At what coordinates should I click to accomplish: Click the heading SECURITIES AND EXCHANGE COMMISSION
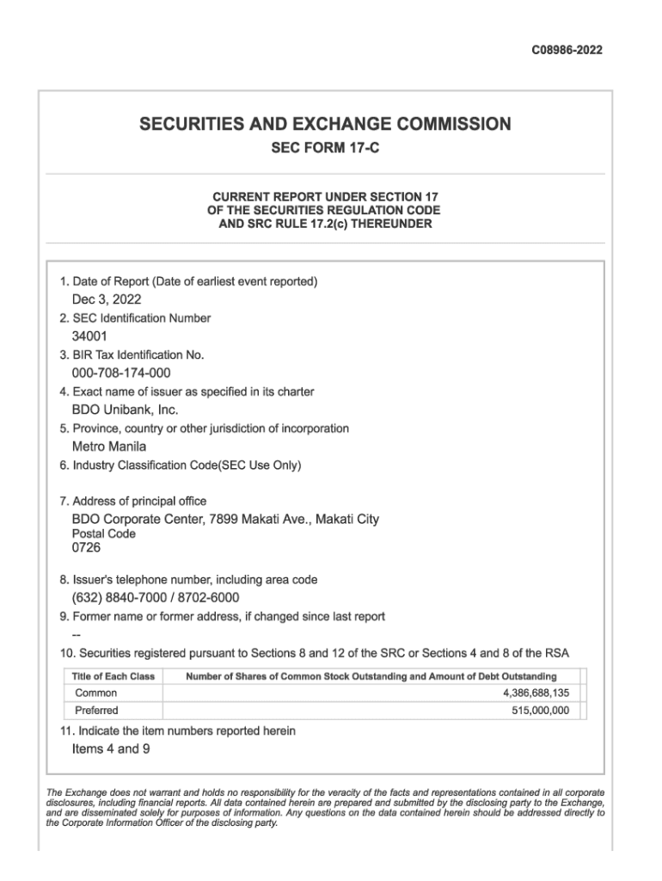pyautogui.click(x=325, y=125)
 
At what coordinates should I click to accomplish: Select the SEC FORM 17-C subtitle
pyautogui.click(x=325, y=149)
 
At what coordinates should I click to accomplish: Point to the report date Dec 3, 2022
pyautogui.click(x=107, y=299)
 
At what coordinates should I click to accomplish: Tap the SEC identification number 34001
pyautogui.click(x=89, y=336)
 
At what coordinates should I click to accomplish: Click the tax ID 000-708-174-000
pyautogui.click(x=121, y=373)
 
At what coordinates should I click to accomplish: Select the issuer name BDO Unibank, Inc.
pyautogui.click(x=125, y=410)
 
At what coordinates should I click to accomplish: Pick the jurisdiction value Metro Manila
pyautogui.click(x=109, y=447)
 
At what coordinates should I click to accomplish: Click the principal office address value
pyautogui.click(x=225, y=519)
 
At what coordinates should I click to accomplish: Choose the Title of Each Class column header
pyautogui.click(x=113, y=676)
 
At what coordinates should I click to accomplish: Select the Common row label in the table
pyautogui.click(x=96, y=693)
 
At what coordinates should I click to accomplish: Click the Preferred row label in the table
pyautogui.click(x=97, y=711)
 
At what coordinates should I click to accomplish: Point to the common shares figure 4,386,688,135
pyautogui.click(x=536, y=693)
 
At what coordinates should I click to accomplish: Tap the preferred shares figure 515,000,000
pyautogui.click(x=540, y=711)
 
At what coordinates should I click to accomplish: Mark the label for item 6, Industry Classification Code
pyautogui.click(x=181, y=465)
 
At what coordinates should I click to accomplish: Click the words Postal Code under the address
pyautogui.click(x=103, y=533)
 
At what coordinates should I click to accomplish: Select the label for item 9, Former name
pyautogui.click(x=223, y=616)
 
